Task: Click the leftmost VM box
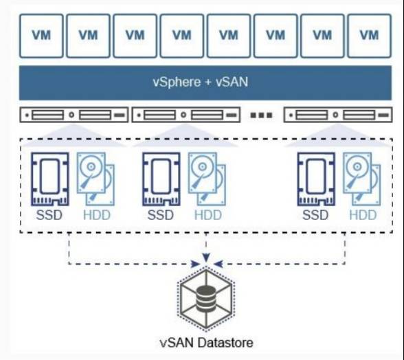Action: pos(41,36)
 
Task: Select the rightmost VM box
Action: pos(369,36)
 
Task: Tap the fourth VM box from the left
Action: pos(182,36)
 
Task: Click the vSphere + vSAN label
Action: pos(201,82)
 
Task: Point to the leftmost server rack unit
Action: pos(74,115)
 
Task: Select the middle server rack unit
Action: pos(186,115)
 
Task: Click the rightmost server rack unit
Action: pos(338,115)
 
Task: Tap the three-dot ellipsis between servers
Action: pos(261,115)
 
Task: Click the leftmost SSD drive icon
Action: pos(50,179)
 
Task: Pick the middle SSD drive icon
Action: pos(161,179)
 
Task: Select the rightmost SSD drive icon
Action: pos(316,179)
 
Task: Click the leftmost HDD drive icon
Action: pos(96,179)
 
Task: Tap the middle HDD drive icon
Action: pos(207,179)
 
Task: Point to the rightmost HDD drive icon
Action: pos(361,179)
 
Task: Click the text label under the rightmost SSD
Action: pos(315,215)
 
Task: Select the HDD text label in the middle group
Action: pos(208,215)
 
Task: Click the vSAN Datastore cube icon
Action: pos(206,299)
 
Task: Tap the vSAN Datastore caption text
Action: pos(206,343)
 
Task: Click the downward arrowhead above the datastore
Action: pos(206,257)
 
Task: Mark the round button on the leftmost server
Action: pos(71,115)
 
